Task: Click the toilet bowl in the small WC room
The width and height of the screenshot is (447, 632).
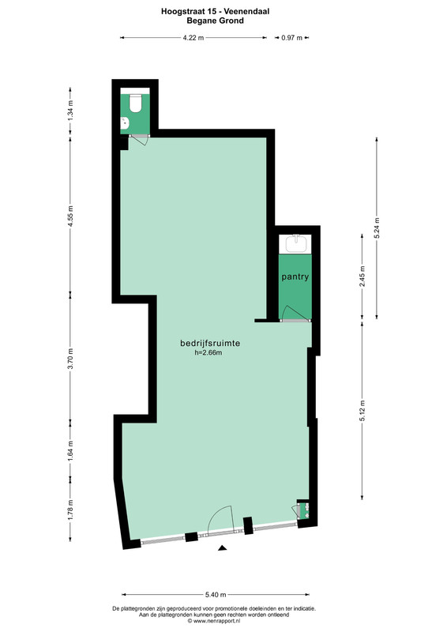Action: (135, 103)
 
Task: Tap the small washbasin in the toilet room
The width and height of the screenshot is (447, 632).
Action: (125, 122)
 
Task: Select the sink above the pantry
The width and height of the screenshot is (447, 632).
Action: (295, 244)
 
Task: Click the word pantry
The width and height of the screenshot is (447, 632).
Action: (295, 277)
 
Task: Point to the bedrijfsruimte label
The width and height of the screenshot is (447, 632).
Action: (210, 344)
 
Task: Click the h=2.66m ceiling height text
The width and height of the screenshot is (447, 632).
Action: (208, 353)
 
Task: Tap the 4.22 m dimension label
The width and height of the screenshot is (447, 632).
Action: (193, 38)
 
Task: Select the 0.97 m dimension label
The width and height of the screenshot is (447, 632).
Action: (292, 38)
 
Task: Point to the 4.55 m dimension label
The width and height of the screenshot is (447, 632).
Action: (70, 216)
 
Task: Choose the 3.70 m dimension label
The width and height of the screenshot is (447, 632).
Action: (70, 359)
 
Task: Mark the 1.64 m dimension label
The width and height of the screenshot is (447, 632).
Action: (70, 449)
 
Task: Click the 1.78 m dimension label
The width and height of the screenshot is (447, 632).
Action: (70, 510)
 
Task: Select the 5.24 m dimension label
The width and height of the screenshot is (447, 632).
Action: (377, 228)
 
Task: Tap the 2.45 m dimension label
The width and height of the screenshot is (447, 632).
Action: (362, 276)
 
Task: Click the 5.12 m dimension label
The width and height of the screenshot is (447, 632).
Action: (362, 411)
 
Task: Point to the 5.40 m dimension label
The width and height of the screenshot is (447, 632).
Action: (216, 595)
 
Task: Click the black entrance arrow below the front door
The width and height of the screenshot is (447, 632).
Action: (222, 547)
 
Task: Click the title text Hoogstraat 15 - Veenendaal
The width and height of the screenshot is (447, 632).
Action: (216, 12)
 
